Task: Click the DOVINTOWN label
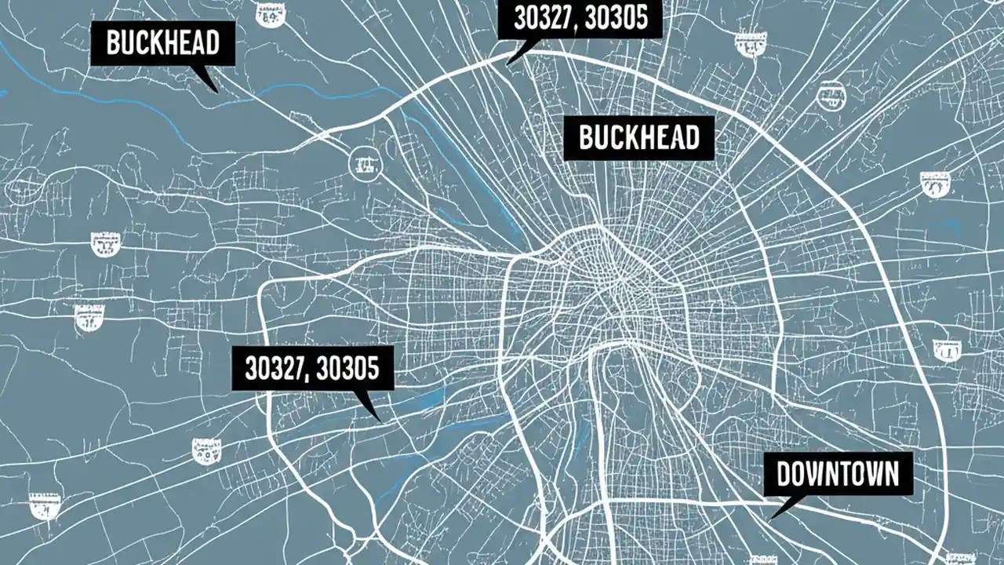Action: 838,473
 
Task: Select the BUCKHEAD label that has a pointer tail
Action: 162,43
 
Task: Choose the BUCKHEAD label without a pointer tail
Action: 638,138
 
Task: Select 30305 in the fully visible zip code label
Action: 347,368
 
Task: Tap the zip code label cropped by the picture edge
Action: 580,18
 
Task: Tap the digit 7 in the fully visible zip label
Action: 300,368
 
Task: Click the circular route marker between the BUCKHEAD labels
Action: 362,163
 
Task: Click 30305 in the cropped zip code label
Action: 617,18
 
